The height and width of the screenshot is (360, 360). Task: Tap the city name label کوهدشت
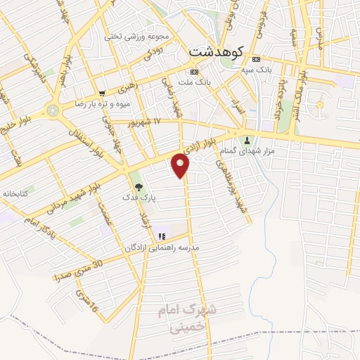pyautogui.click(x=216, y=51)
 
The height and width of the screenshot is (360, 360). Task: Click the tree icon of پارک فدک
pyautogui.click(x=138, y=187)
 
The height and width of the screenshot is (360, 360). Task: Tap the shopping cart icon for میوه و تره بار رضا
pyautogui.click(x=103, y=93)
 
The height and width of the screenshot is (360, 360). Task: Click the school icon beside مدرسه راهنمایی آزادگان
pyautogui.click(x=160, y=236)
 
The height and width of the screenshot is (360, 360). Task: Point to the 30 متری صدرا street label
pyautogui.click(x=79, y=269)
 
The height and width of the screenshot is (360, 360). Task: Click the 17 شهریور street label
pyautogui.click(x=143, y=122)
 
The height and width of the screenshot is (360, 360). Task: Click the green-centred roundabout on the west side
pyautogui.click(x=53, y=109)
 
